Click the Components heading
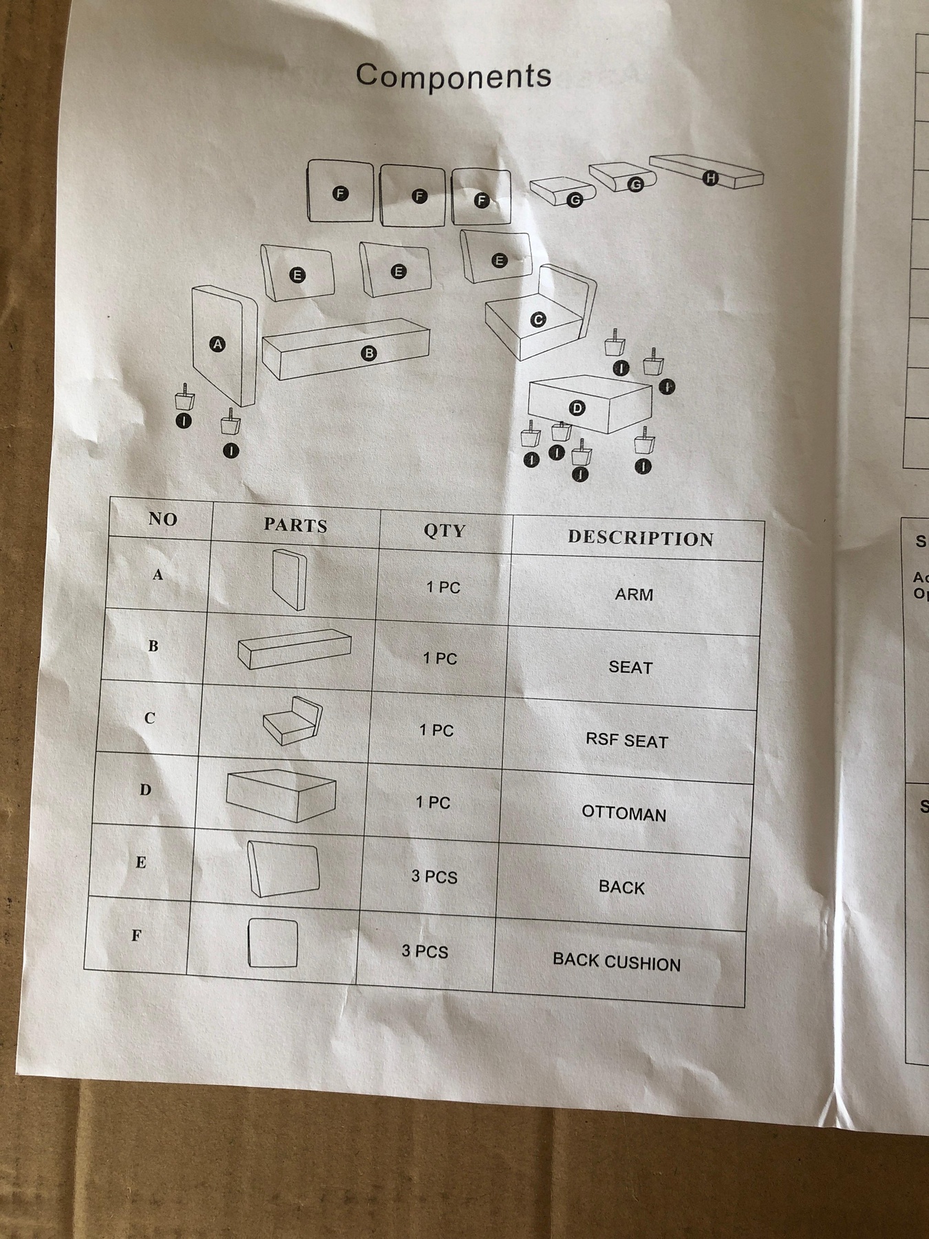(453, 75)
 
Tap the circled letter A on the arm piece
(217, 344)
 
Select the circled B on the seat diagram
(370, 354)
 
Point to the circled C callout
(538, 319)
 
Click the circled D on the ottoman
(577, 408)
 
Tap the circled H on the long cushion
(710, 178)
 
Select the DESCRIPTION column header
(640, 538)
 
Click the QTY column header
(445, 531)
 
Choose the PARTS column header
(295, 525)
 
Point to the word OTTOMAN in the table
(623, 814)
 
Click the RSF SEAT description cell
(626, 741)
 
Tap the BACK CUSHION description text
(616, 962)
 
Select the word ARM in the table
(634, 594)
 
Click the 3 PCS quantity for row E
(434, 877)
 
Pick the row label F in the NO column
(136, 935)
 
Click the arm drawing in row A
(289, 580)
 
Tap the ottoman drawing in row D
(281, 795)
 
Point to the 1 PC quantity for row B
(440, 659)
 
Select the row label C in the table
(149, 718)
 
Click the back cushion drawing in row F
(273, 942)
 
